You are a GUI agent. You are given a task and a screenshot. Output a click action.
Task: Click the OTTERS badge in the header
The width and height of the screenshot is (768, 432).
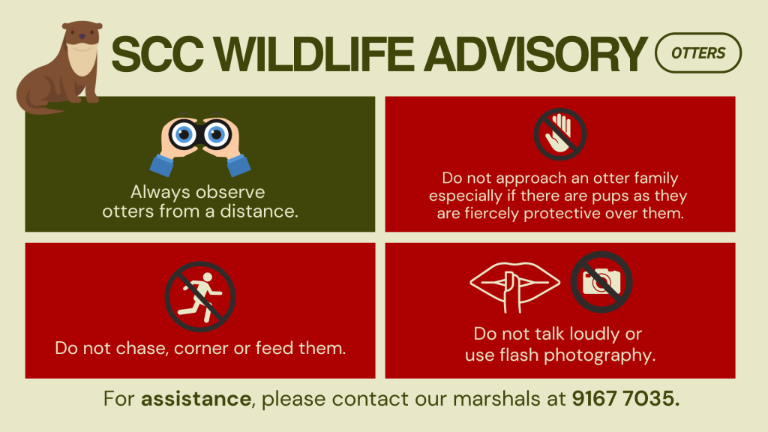pos(698,53)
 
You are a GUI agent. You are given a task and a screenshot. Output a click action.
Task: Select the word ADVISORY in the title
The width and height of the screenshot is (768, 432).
pos(535,54)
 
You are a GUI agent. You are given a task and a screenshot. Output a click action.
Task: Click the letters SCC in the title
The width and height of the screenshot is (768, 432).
pos(157,54)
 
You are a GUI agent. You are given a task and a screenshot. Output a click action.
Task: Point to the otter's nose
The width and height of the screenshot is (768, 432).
pos(82,37)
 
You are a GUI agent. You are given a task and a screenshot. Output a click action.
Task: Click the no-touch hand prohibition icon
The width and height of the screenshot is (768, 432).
pos(559,134)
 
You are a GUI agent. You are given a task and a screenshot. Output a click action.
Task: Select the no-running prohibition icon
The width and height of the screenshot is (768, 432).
pos(199,297)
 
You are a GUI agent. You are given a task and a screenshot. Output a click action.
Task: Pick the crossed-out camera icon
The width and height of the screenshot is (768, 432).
pos(601,282)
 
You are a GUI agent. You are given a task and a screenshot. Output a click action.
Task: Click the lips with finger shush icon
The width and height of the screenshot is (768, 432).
pos(514,287)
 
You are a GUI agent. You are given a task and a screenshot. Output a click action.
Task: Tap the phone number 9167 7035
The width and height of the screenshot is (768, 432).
pos(625,399)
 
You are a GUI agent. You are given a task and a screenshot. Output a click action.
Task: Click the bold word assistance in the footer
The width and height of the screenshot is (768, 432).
pos(196,399)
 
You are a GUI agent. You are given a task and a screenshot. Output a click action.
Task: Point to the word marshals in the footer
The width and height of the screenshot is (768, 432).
pos(496,399)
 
